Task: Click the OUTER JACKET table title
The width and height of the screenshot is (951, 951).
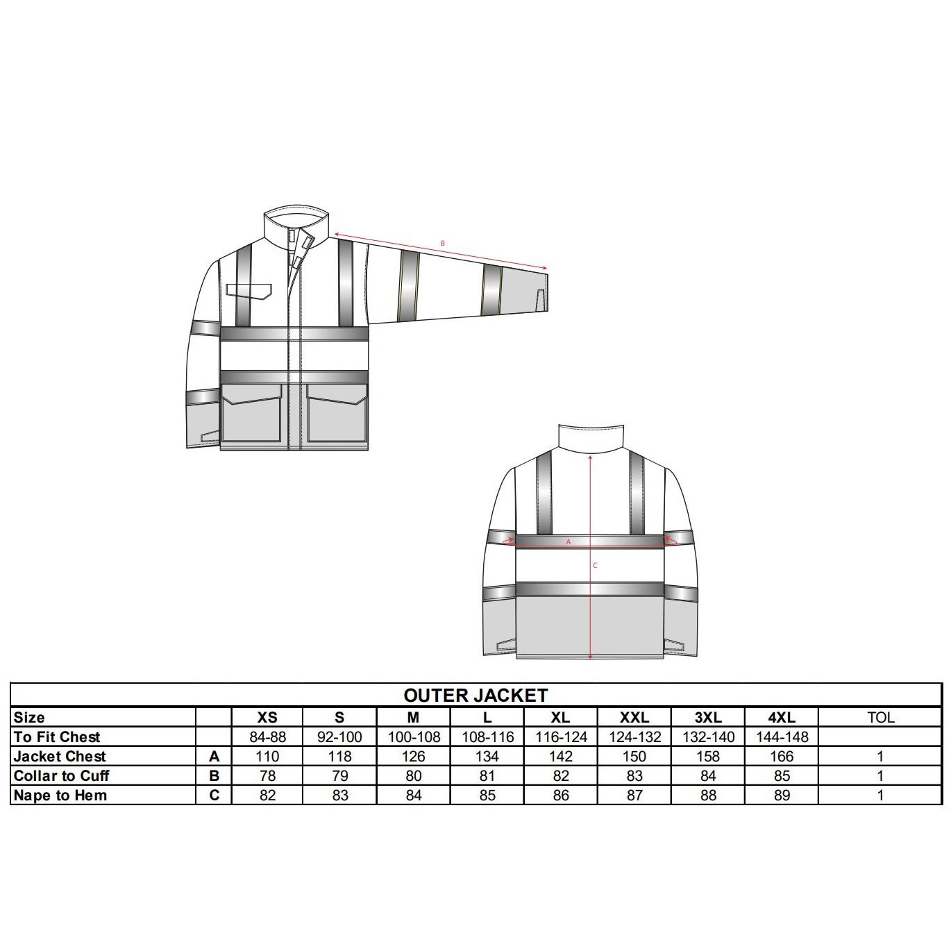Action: [475, 696]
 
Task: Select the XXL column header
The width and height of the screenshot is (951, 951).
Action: [634, 717]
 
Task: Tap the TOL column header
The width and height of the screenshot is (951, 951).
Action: [880, 717]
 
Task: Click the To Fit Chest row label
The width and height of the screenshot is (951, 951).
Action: [57, 737]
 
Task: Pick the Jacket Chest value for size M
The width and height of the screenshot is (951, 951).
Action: [414, 756]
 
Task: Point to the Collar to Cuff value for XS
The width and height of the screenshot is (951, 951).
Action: [267, 776]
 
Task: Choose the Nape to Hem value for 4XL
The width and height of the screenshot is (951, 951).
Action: [782, 796]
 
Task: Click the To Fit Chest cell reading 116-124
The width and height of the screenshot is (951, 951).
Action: [561, 737]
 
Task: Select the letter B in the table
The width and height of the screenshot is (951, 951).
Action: [214, 776]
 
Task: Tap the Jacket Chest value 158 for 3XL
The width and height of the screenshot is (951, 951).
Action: [708, 756]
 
